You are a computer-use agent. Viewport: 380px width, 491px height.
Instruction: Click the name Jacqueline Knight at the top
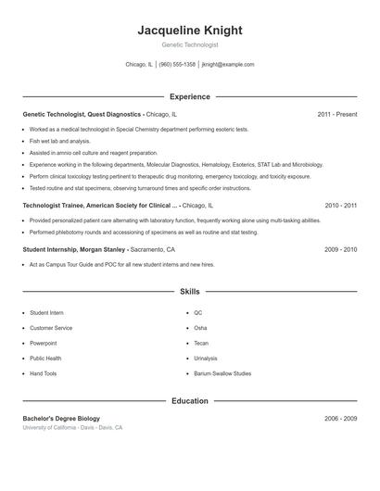(189, 30)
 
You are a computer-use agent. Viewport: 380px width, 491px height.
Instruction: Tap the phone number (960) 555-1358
(177, 65)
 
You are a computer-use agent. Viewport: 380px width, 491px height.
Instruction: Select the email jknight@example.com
(228, 65)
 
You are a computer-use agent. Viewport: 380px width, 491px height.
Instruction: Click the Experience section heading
(189, 96)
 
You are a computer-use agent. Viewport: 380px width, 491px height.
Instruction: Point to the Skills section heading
(189, 292)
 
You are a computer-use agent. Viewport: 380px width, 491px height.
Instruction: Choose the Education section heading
(189, 401)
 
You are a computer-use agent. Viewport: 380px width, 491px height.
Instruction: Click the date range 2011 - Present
(336, 114)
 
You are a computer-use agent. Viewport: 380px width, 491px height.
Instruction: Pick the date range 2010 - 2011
(340, 205)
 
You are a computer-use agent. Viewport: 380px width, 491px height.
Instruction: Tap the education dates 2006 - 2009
(340, 419)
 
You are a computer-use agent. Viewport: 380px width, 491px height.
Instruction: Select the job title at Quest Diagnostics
(82, 114)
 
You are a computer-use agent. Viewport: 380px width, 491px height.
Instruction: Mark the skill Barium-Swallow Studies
(222, 373)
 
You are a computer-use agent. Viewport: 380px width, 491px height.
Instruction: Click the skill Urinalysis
(206, 358)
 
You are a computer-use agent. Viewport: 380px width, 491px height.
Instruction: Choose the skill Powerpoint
(44, 343)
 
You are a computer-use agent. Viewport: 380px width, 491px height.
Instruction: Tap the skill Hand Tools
(43, 373)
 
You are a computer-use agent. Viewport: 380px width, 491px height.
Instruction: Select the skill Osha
(200, 328)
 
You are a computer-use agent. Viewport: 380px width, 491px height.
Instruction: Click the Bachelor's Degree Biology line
(61, 419)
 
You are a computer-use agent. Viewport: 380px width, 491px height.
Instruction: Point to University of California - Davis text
(72, 428)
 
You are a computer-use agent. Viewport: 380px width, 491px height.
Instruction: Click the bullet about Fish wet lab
(54, 141)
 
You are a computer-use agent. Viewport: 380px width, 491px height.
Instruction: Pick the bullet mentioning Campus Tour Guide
(120, 264)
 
